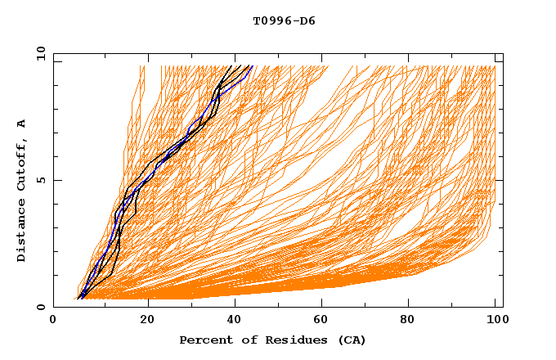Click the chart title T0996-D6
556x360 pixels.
pos(285,20)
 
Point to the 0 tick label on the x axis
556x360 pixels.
pos(53,320)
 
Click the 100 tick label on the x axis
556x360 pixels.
pos(495,320)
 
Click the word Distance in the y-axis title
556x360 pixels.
pos(22,232)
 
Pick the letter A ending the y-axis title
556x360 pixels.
pos(22,124)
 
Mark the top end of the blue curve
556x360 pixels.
pos(253,66)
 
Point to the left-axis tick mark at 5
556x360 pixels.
pos(56,180)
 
